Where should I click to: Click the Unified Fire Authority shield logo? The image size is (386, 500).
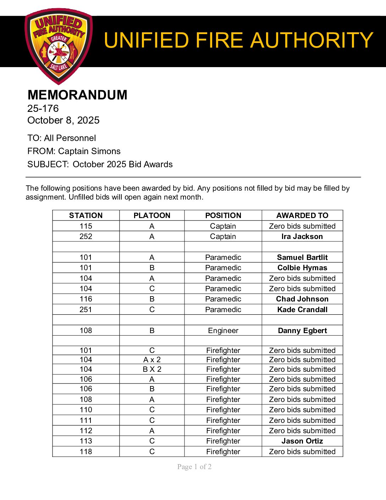(x=59, y=45)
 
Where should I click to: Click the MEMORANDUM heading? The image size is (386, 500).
(x=77, y=95)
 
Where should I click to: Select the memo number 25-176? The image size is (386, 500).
(x=43, y=109)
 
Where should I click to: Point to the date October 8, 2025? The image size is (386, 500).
(x=64, y=120)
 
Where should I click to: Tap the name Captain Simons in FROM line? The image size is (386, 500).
(x=89, y=151)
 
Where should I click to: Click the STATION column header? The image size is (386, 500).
(x=86, y=216)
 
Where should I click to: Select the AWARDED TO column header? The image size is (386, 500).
(x=302, y=216)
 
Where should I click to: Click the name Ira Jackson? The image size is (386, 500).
(x=302, y=237)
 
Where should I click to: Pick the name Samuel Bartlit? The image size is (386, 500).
(x=302, y=257)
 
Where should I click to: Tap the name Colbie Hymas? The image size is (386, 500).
(x=302, y=268)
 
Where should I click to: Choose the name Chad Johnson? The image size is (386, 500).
(x=302, y=299)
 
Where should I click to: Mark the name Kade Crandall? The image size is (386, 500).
(x=302, y=310)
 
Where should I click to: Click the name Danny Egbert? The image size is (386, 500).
(x=302, y=331)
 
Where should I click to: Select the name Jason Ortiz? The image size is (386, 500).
(x=302, y=441)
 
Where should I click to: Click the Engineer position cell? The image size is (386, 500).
(x=223, y=331)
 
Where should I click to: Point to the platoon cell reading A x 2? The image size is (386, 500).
(x=152, y=360)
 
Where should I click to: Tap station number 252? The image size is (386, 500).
(x=86, y=237)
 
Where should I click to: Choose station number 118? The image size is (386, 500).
(x=86, y=452)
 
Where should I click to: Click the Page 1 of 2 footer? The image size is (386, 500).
(x=194, y=467)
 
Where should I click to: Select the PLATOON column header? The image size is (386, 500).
(x=152, y=216)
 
